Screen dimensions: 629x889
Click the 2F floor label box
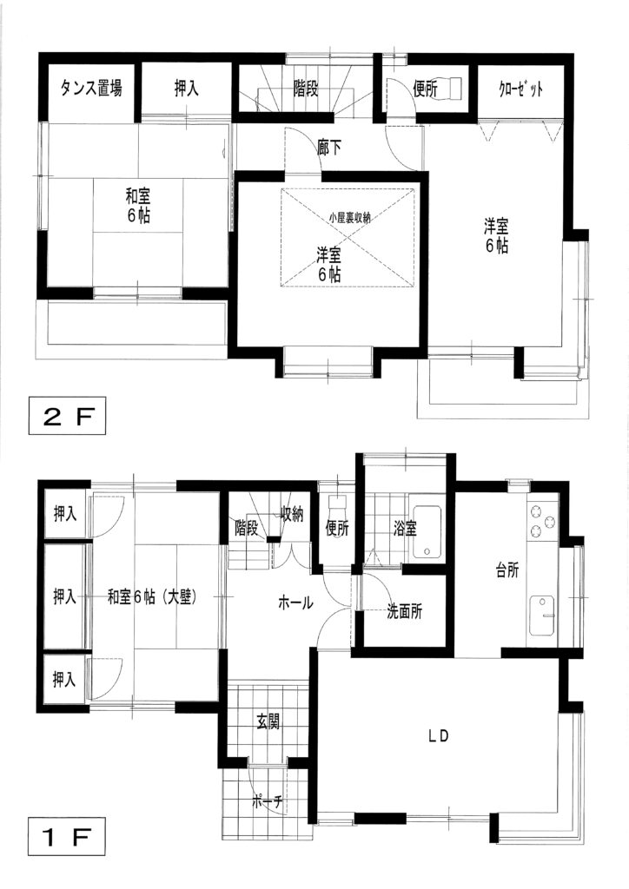coord(67,416)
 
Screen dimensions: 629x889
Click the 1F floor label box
coord(66,836)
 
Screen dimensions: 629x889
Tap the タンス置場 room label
coord(90,88)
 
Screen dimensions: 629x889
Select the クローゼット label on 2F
coord(521,89)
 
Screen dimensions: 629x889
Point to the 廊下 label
coord(329,148)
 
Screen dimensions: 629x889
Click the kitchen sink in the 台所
coord(543,616)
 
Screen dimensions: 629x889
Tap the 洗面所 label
coord(404,611)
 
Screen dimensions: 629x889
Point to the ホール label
coord(295,603)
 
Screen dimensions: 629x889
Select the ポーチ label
coord(267,802)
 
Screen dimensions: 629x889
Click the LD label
coord(439,736)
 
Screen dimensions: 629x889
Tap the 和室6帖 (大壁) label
coord(152,596)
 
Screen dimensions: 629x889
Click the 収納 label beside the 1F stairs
coord(293,514)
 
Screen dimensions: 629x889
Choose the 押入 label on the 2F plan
coord(186,89)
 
